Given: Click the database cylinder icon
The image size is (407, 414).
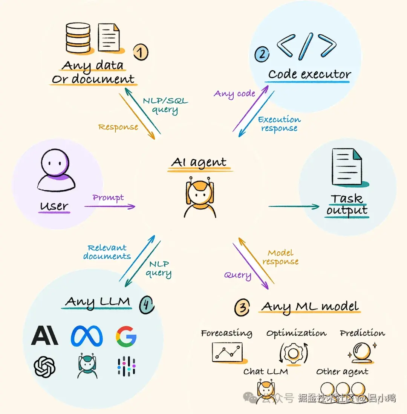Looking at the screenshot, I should [78, 38].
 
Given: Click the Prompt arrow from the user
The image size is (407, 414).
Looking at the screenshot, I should [109, 206].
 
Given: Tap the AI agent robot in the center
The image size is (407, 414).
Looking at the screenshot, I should [200, 198].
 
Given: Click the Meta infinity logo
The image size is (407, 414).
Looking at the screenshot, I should [87, 336].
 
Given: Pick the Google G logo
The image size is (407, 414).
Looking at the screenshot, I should [126, 336].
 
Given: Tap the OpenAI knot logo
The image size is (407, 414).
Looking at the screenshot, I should [44, 367].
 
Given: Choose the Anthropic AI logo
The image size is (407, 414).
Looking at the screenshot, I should [44, 336].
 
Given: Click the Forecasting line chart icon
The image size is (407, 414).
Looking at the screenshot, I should [227, 352].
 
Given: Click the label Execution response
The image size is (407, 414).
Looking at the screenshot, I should [279, 124].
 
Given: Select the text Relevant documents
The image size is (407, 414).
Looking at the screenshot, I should [107, 252].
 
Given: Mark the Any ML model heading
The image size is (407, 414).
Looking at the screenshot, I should [310, 306].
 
